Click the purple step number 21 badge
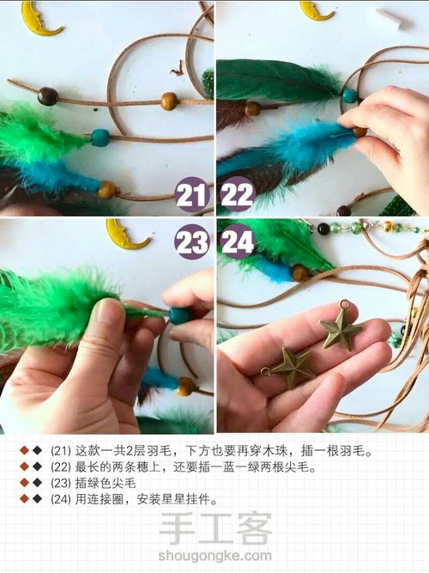pyautogui.click(x=191, y=195)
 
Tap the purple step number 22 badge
pyautogui.click(x=238, y=195)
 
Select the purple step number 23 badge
pyautogui.click(x=191, y=241)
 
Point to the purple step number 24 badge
pyautogui.click(x=238, y=241)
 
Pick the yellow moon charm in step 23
pyautogui.click(x=127, y=234)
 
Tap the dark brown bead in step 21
pyautogui.click(x=48, y=96)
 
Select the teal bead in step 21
pyautogui.click(x=100, y=137)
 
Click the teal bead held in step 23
pyautogui.click(x=178, y=315)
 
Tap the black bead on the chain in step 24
pyautogui.click(x=323, y=229)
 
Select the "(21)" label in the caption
pyautogui.click(x=61, y=451)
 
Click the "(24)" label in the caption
pyautogui.click(x=61, y=498)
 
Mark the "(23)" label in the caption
pyautogui.click(x=61, y=483)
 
